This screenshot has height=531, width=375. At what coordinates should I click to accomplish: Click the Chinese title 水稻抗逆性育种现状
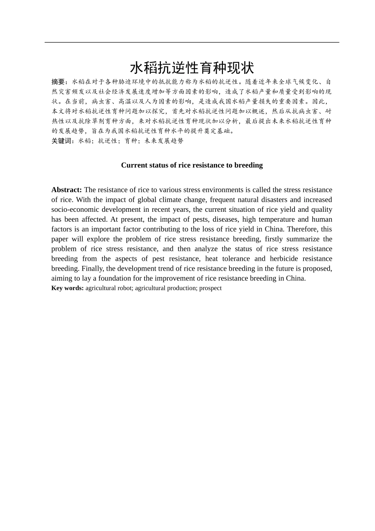click(192, 68)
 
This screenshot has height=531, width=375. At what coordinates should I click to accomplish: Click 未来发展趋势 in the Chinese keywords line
click(164, 141)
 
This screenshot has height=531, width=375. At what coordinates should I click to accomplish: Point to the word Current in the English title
click(133, 165)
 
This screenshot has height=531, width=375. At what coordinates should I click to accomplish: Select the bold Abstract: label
click(66, 190)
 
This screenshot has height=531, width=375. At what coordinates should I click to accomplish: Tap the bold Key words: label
click(67, 288)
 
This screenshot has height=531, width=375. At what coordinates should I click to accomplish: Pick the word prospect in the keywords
click(210, 288)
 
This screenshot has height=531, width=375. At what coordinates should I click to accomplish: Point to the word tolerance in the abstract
click(235, 258)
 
